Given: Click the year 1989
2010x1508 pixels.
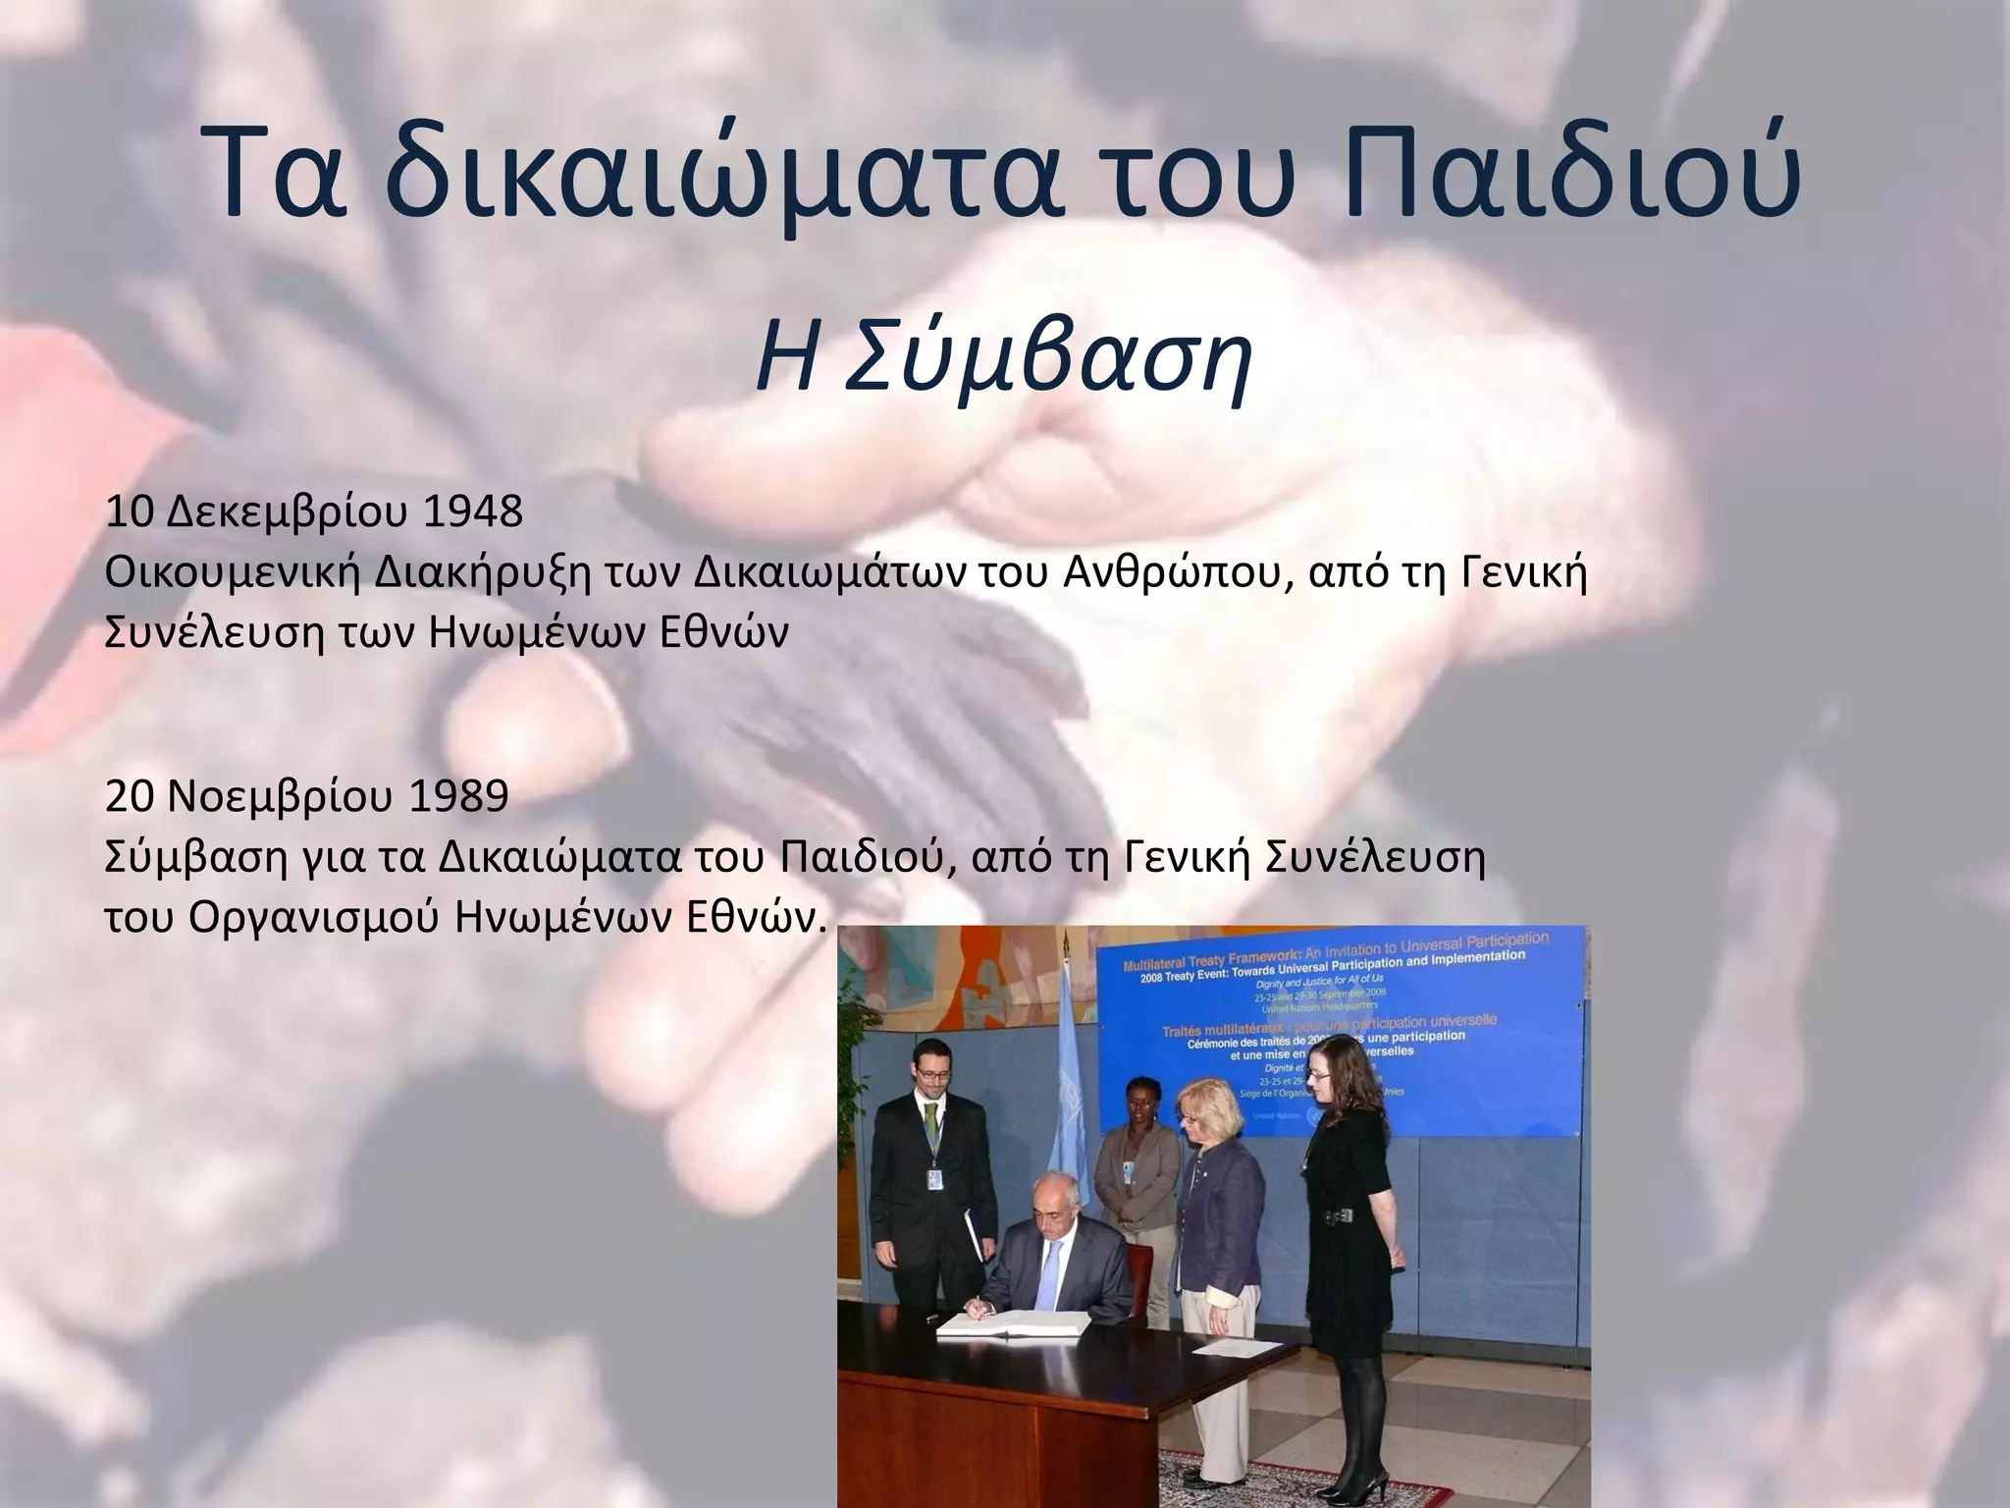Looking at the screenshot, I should (457, 797).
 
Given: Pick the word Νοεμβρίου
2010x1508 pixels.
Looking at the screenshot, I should (274, 797).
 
